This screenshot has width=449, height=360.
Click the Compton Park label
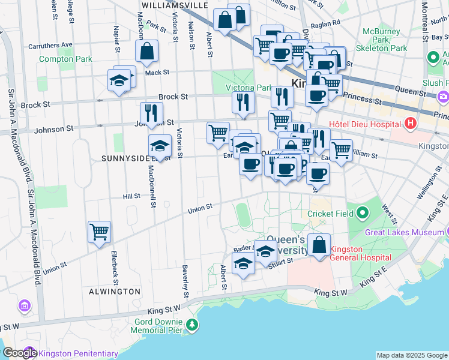click(66, 59)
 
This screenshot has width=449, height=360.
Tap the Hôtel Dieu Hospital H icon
click(411, 124)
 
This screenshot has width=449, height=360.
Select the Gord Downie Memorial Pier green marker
click(192, 325)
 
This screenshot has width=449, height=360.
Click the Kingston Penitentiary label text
click(79, 353)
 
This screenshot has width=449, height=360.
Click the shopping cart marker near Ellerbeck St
click(99, 232)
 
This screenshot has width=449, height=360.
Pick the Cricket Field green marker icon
click(362, 213)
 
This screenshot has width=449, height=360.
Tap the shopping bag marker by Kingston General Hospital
click(319, 245)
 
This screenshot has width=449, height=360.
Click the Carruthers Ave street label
click(50, 44)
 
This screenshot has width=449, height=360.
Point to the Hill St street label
click(131, 196)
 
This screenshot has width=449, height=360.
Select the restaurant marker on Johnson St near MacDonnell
click(151, 113)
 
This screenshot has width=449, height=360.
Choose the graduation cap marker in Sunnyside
click(160, 146)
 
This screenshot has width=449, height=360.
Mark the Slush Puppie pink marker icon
click(443, 95)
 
